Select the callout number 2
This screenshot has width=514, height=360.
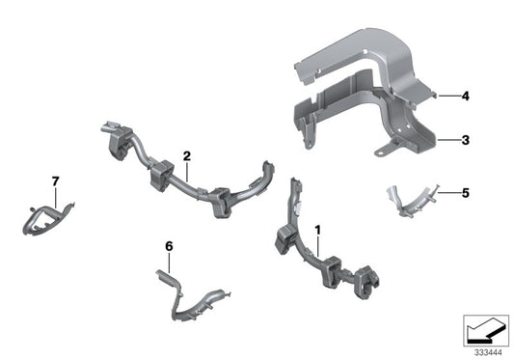click(187, 155)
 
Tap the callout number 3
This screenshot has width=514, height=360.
click(465, 140)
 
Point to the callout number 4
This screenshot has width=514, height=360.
click(465, 97)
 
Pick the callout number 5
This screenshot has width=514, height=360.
click(465, 193)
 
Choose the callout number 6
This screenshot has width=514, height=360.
click(170, 247)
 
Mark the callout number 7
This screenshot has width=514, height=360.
click(56, 181)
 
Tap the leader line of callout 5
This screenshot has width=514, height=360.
click(446, 193)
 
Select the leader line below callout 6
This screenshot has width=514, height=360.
click(170, 264)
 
